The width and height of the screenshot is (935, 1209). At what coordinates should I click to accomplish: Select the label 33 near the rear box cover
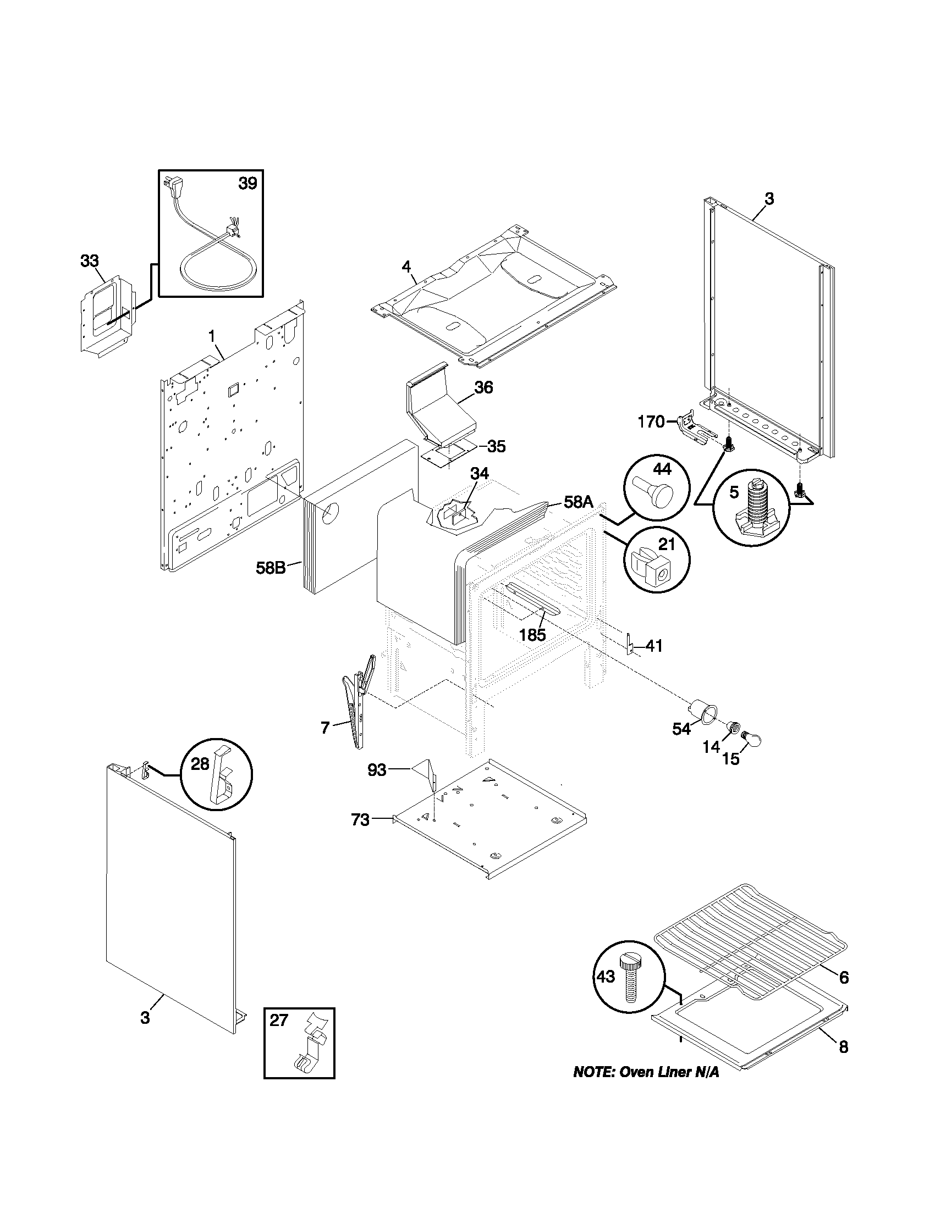89,260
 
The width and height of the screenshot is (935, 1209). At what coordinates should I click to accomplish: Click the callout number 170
651,422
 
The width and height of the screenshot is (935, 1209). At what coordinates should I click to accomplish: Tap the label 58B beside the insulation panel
270,568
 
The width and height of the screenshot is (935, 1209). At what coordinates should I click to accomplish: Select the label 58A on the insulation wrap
578,503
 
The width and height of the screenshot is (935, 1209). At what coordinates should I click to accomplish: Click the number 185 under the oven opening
532,635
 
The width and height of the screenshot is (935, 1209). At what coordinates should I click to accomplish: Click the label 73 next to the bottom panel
360,835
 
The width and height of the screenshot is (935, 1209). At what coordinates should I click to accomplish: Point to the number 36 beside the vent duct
483,387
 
